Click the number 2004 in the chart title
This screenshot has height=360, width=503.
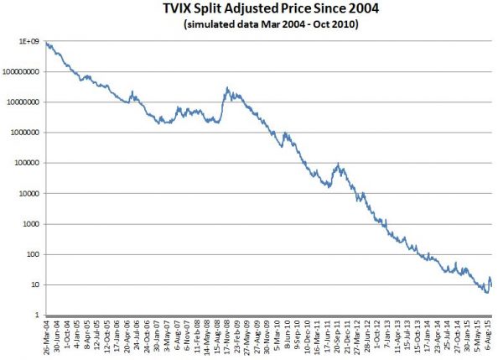[355, 10]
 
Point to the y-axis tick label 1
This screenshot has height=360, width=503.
[39, 315]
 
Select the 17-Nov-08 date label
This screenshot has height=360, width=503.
[226, 337]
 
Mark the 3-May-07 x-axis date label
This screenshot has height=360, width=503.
[164, 336]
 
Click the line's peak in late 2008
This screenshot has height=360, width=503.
[227, 87]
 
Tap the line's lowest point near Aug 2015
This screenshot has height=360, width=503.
[486, 293]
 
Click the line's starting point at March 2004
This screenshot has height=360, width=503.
[47, 42]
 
